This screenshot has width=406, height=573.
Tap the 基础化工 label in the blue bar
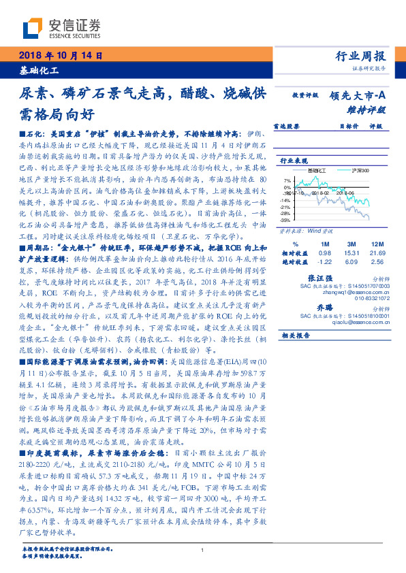[x=39, y=70]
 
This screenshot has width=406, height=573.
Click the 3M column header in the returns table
[x=352, y=244]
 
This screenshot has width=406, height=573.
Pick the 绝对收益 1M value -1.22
[x=324, y=261]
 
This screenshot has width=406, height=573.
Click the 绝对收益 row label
[x=295, y=261]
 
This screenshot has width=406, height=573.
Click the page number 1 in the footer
[x=203, y=550]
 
